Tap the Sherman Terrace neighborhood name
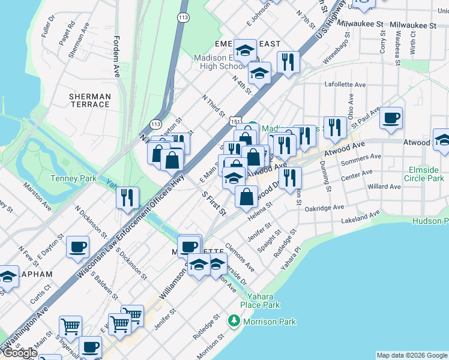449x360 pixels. pos(89,100)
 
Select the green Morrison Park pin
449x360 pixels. pos(234,322)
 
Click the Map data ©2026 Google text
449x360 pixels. pos(411,355)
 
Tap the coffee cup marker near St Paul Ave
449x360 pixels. pos(391,118)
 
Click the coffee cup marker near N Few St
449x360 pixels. pos(77,247)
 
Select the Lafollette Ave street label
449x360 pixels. pos(345,85)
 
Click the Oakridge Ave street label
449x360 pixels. pos(324,208)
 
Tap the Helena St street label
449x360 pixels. pos(261,212)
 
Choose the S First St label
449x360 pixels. pos(214,204)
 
